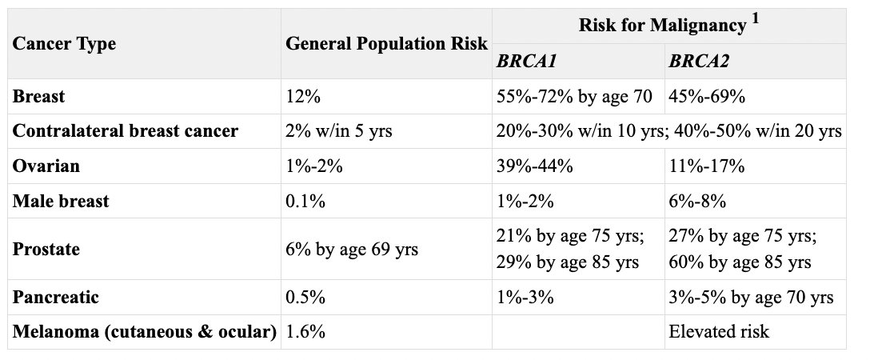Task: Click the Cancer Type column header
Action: tap(64, 43)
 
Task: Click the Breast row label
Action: tap(39, 97)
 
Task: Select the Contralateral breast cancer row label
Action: tap(125, 130)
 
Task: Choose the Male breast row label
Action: tap(61, 200)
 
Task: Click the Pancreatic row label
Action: tap(56, 297)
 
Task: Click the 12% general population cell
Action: tap(303, 97)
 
